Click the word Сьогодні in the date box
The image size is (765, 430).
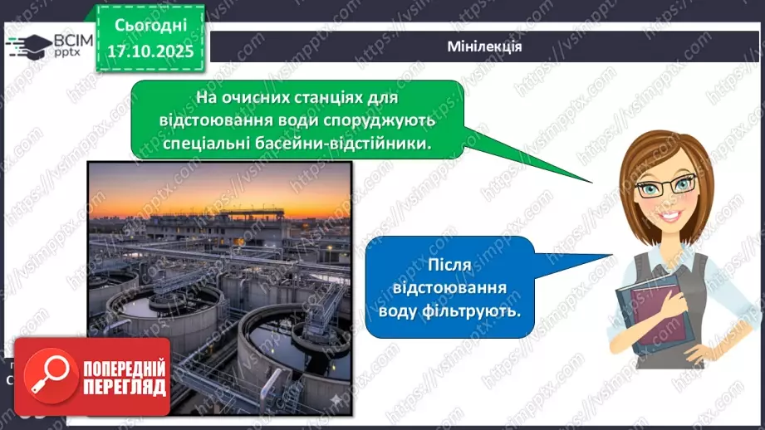point(150,26)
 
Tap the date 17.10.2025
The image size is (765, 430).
point(150,52)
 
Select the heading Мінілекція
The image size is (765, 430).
point(483,46)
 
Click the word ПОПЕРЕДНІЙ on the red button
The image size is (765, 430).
point(125,368)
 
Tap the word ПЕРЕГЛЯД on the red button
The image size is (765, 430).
point(125,387)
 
